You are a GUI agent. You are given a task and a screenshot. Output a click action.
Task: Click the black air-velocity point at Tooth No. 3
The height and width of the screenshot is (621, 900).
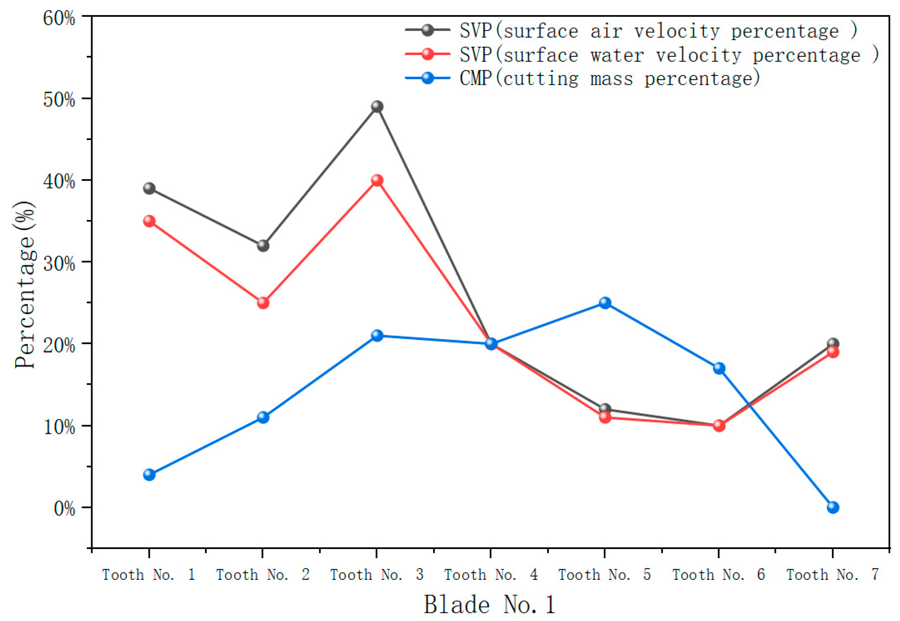tap(377, 106)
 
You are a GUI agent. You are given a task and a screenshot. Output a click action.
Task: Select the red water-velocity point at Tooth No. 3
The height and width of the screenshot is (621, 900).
tap(377, 180)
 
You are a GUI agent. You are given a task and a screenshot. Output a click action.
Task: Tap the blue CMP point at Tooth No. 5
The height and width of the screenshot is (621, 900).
tap(605, 303)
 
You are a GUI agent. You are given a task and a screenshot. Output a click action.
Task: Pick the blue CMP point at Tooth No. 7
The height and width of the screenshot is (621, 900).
tap(833, 507)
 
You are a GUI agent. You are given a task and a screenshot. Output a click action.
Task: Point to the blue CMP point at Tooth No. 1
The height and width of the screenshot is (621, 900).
tap(149, 475)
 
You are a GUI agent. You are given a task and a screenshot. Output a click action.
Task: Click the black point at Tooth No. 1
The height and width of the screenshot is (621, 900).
tap(149, 188)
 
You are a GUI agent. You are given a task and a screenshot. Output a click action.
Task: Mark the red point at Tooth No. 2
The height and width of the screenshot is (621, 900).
tap(263, 303)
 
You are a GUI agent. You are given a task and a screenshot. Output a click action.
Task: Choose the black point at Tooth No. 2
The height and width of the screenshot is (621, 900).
tap(263, 245)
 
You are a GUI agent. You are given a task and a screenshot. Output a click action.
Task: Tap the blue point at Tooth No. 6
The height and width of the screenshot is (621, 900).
tap(719, 368)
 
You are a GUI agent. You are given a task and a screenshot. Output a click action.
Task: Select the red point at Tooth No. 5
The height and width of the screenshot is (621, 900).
tap(605, 417)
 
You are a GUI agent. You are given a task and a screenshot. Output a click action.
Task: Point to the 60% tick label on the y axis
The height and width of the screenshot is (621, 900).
tap(59, 18)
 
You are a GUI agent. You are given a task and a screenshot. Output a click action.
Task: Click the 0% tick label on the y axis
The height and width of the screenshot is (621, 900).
tap(64, 509)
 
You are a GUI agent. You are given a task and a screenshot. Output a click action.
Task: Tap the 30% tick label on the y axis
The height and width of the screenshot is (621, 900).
tap(59, 264)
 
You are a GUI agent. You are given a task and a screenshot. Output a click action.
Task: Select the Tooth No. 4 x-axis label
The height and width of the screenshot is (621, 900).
tap(491, 575)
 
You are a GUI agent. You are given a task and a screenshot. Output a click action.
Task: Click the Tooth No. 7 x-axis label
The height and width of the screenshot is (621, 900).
tap(833, 575)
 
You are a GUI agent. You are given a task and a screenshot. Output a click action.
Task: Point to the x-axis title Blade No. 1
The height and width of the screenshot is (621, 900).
tap(490, 605)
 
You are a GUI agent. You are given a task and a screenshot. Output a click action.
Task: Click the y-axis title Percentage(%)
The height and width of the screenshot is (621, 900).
tap(25, 285)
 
